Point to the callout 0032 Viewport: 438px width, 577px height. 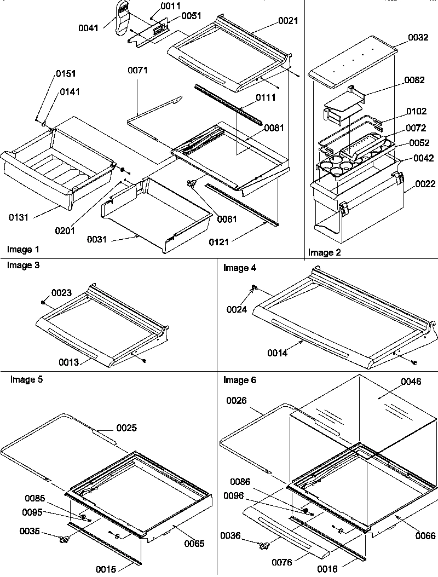pyautogui.click(x=419, y=38)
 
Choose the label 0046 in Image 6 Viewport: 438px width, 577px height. pyautogui.click(x=411, y=382)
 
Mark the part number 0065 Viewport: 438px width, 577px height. pyautogui.click(x=194, y=543)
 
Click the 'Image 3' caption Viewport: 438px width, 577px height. pyautogui.click(x=23, y=265)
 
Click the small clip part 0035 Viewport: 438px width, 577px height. pyautogui.click(x=65, y=540)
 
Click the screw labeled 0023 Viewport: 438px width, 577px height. pyautogui.click(x=43, y=301)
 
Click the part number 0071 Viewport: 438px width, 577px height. pyautogui.click(x=138, y=70)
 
